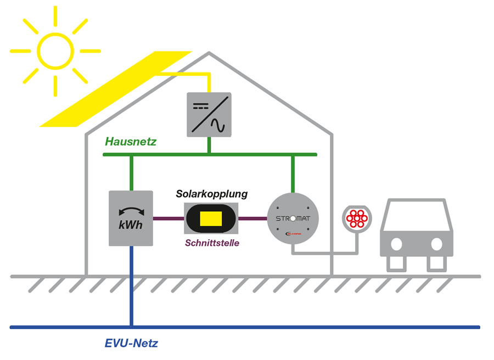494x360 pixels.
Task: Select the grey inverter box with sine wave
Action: click(209, 114)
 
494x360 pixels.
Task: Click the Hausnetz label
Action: click(131, 142)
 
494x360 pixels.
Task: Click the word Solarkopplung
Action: click(211, 194)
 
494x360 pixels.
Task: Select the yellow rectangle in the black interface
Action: click(211, 218)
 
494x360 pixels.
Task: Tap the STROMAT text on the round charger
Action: click(293, 218)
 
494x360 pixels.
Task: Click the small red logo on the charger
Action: click(293, 233)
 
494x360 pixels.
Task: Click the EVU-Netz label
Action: click(131, 344)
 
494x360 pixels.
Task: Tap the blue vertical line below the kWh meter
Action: click(131, 285)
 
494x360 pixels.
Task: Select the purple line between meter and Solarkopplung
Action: click(168, 218)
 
